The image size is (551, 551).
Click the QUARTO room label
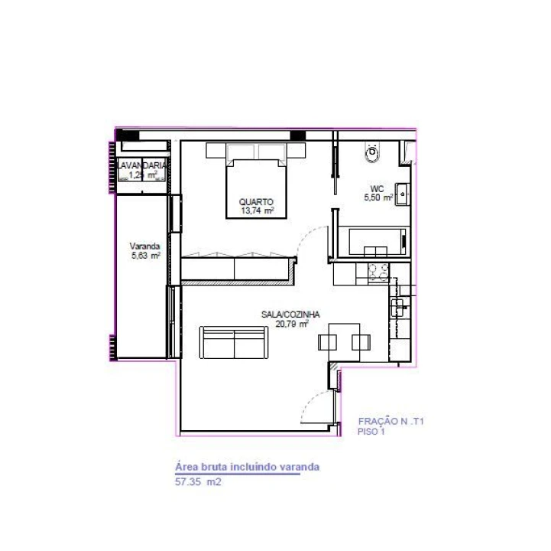[256, 202]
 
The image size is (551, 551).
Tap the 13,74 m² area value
[257, 211]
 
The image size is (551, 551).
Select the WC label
[377, 188]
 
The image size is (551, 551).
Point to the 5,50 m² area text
[378, 197]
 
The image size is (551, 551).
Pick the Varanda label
[144, 246]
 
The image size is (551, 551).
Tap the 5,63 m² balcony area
[145, 256]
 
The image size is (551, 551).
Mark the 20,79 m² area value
[293, 324]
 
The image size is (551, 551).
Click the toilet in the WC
[373, 152]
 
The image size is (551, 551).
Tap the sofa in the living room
[234, 342]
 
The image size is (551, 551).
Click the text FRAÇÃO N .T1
[391, 421]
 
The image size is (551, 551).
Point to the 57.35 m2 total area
[198, 482]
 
